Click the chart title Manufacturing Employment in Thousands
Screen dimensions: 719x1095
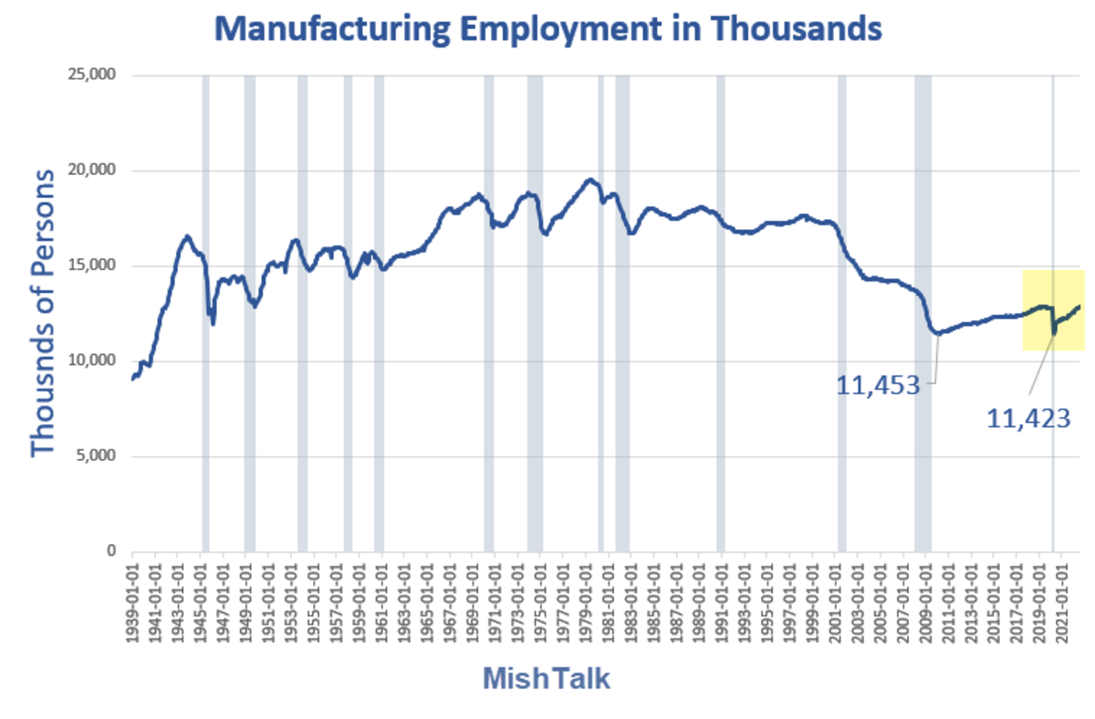(547, 29)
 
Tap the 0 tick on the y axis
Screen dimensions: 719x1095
(111, 551)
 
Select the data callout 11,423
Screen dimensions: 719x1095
(1028, 418)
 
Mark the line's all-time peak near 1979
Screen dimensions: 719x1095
(589, 180)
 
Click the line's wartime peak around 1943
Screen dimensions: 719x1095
(186, 236)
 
